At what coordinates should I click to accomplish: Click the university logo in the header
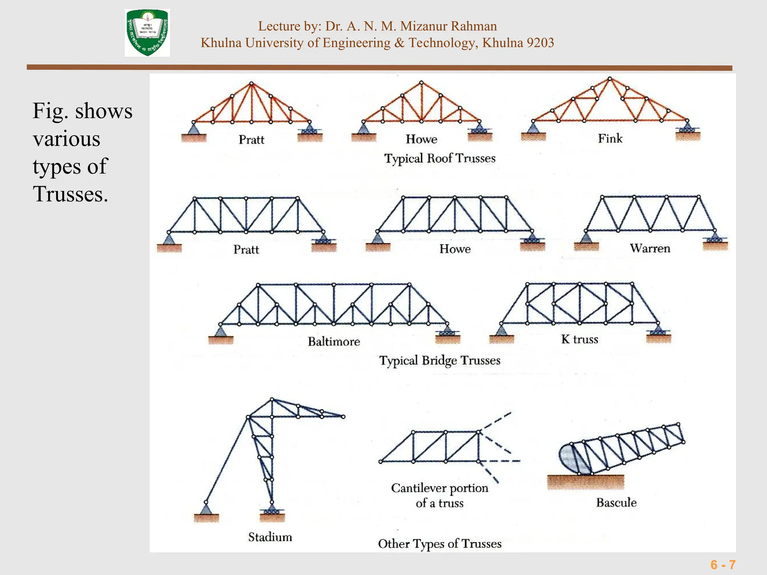pyautogui.click(x=147, y=33)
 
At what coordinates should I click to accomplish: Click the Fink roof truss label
pyautogui.click(x=610, y=139)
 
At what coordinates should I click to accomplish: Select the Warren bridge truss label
pyautogui.click(x=650, y=248)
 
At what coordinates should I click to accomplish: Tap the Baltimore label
pyautogui.click(x=334, y=341)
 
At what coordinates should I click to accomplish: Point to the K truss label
pyautogui.click(x=579, y=339)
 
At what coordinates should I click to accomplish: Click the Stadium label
pyautogui.click(x=270, y=537)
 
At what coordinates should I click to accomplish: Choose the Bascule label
pyautogui.click(x=616, y=502)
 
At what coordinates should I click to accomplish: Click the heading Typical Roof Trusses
pyautogui.click(x=440, y=158)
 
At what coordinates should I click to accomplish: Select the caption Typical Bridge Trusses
pyautogui.click(x=440, y=360)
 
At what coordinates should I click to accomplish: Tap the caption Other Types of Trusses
pyautogui.click(x=440, y=544)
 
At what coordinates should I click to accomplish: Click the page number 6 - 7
pyautogui.click(x=723, y=565)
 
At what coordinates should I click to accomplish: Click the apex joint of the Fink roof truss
pyautogui.click(x=610, y=79)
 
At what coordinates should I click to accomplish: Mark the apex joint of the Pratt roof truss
pyautogui.click(x=252, y=83)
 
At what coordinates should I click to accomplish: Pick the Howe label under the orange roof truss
pyautogui.click(x=421, y=139)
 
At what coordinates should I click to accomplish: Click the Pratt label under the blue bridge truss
pyautogui.click(x=246, y=249)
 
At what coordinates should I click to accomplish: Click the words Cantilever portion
pyautogui.click(x=440, y=488)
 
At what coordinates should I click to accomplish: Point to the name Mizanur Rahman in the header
pyautogui.click(x=448, y=26)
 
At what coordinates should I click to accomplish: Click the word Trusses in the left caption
pyautogui.click(x=70, y=194)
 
